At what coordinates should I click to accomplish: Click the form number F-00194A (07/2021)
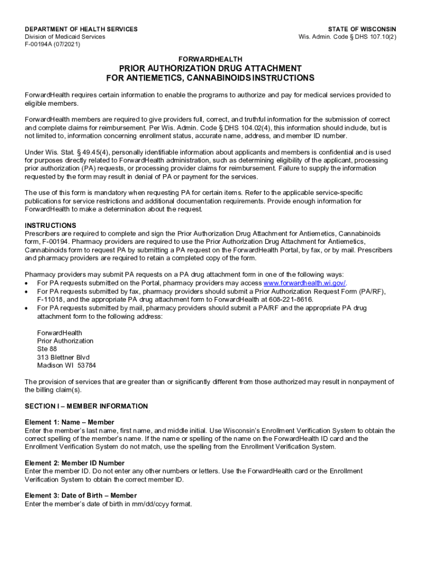(52, 44)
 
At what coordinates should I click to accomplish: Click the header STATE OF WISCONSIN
(362, 29)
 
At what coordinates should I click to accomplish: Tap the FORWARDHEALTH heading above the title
(210, 59)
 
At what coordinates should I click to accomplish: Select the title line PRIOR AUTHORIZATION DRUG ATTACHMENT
(210, 68)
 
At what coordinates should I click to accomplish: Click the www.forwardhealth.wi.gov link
(305, 283)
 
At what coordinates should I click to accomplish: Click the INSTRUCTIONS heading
(50, 226)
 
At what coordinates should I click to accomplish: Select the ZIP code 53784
(87, 365)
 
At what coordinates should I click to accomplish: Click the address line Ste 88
(47, 349)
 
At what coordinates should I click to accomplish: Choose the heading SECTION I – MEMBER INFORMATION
(86, 406)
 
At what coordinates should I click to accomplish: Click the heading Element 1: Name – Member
(69, 422)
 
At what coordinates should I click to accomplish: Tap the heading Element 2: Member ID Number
(74, 463)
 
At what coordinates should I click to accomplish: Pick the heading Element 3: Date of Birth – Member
(81, 496)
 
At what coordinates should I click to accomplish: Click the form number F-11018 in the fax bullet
(50, 300)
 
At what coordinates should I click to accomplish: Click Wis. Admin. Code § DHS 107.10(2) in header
(347, 37)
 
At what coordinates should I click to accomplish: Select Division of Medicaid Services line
(65, 37)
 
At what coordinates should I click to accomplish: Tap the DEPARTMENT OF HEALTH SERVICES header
(81, 29)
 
